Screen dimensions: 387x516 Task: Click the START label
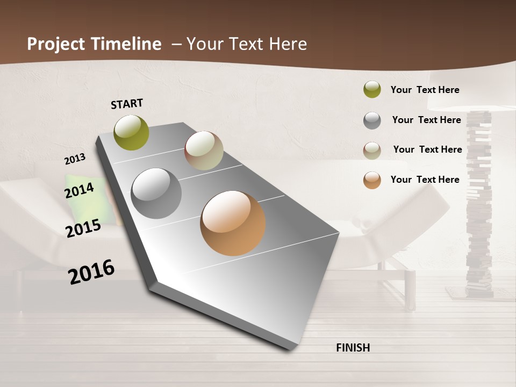[x=127, y=104]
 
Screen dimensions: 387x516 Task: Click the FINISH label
[x=353, y=348]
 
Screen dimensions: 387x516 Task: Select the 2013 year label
[x=75, y=159]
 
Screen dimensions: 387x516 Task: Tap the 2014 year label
[x=80, y=190]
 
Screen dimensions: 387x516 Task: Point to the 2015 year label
[x=83, y=228]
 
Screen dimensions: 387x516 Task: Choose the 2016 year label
[x=91, y=272]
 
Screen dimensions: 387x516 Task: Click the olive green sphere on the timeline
[x=132, y=132]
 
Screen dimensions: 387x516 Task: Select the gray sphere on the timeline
[x=156, y=193]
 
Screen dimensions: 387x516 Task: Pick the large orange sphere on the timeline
[x=233, y=223]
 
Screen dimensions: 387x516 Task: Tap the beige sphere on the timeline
[x=204, y=150]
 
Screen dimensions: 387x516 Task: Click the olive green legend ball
[x=372, y=90]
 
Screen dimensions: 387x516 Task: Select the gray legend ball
[x=372, y=120]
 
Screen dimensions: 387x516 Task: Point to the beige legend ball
[x=372, y=150]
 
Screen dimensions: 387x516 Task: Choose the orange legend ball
[x=372, y=180]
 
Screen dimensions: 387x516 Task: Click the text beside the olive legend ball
[x=425, y=90]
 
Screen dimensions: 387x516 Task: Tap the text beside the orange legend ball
[x=425, y=180]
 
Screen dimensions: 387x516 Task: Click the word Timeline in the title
[x=126, y=44]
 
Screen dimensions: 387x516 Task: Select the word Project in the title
[x=56, y=44]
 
